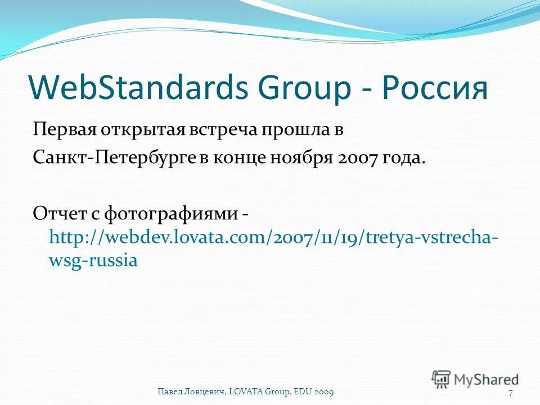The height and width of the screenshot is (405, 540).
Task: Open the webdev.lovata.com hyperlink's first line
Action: [x=273, y=237]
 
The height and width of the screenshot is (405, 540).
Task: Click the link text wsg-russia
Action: [x=93, y=261]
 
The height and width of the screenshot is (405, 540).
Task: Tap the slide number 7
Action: [x=510, y=392]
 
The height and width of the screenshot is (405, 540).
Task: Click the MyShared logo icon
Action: [x=442, y=378]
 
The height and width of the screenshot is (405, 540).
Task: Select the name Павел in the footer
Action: [x=169, y=391]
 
